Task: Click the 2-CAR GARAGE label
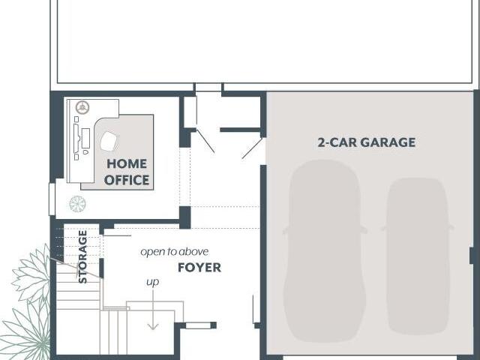point(367,142)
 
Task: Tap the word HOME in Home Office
point(127,163)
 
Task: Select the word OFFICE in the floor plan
point(127,180)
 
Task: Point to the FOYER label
point(199,268)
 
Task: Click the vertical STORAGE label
point(82,256)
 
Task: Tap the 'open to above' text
point(175,252)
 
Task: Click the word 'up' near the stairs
point(152,282)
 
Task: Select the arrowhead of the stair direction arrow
point(153,326)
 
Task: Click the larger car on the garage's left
point(325,251)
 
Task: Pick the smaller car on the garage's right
point(418,256)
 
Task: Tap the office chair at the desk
point(109,142)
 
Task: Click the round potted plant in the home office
point(77,204)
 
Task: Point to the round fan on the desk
point(82,107)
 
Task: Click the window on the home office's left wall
point(52,199)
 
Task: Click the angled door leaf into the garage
point(253,148)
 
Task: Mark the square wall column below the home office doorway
point(185,217)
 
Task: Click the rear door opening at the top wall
point(208,87)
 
